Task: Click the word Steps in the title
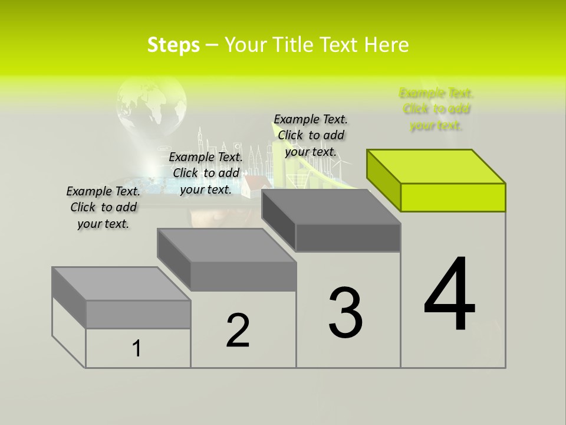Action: pyautogui.click(x=173, y=45)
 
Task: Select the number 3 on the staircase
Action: pyautogui.click(x=345, y=312)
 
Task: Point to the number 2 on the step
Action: pyautogui.click(x=238, y=331)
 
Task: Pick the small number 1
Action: pyautogui.click(x=137, y=348)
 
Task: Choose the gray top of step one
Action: pyautogui.click(x=121, y=284)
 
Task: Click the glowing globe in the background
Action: pyautogui.click(x=152, y=106)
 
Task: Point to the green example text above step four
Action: pyautogui.click(x=436, y=109)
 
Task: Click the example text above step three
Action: pyautogui.click(x=311, y=135)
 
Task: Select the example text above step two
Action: pyautogui.click(x=206, y=173)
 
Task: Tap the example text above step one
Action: pyautogui.click(x=103, y=207)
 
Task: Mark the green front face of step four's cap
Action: pyautogui.click(x=453, y=197)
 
